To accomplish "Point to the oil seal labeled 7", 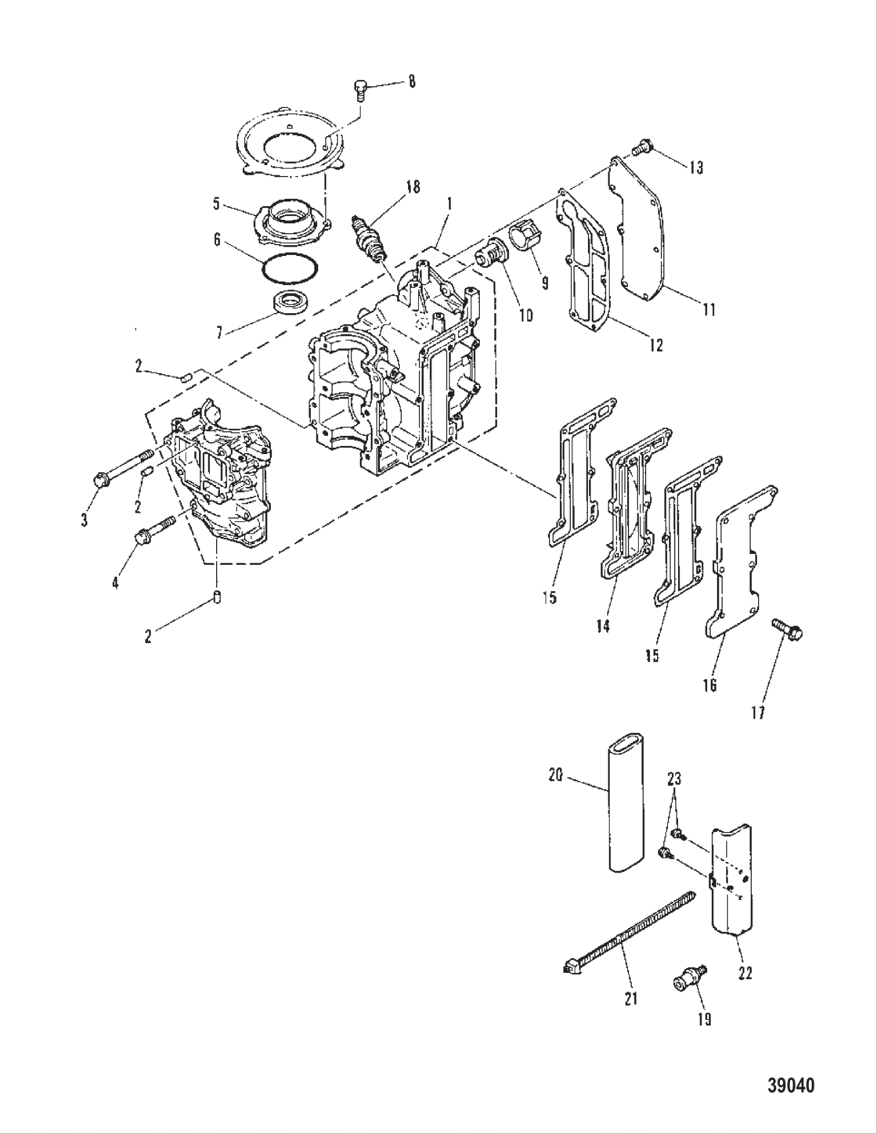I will click(x=289, y=302).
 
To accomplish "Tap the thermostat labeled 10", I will click(x=490, y=256).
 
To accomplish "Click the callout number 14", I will click(x=602, y=626).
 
